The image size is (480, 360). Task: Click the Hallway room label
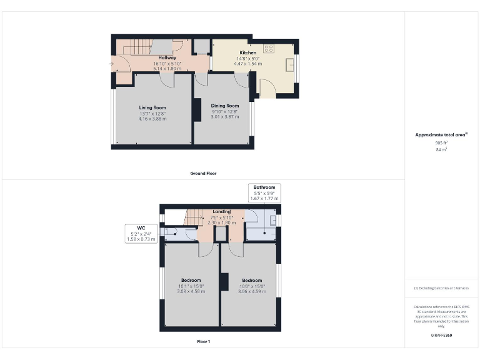pyautogui.click(x=166, y=58)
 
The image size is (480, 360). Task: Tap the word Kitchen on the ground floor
pyautogui.click(x=247, y=53)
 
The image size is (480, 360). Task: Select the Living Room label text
pyautogui.click(x=152, y=107)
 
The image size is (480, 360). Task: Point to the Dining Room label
pyautogui.click(x=224, y=106)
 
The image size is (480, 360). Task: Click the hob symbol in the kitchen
pyautogui.click(x=270, y=47)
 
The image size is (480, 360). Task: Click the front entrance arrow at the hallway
pyautogui.click(x=112, y=63)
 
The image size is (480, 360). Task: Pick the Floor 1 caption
pyautogui.click(x=203, y=341)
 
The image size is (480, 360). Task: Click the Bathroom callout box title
pyautogui.click(x=264, y=187)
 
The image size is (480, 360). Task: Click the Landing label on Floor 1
pyautogui.click(x=221, y=212)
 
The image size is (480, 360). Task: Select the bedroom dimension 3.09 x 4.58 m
pyautogui.click(x=191, y=291)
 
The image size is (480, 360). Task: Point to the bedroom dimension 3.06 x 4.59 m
pyautogui.click(x=252, y=291)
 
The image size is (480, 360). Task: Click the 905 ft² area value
pyautogui.click(x=441, y=143)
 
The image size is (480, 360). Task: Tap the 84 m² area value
pyautogui.click(x=441, y=150)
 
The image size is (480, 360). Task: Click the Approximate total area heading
pyautogui.click(x=441, y=135)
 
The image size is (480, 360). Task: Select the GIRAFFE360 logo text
pyautogui.click(x=441, y=336)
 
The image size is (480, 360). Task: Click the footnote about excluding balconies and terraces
pyautogui.click(x=441, y=288)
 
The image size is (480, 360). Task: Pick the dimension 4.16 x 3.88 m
pyautogui.click(x=152, y=118)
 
